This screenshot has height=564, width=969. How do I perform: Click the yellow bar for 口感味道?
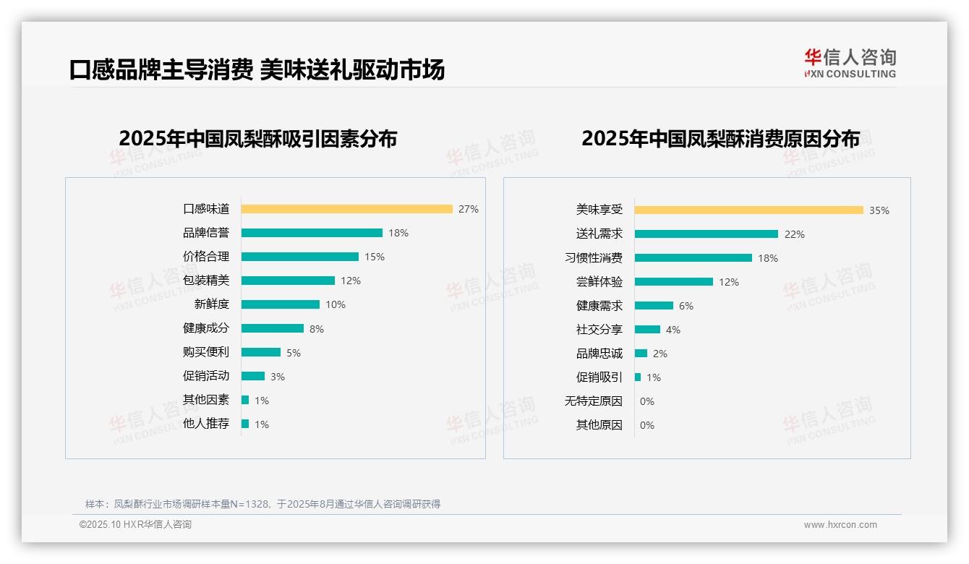tap(346, 209)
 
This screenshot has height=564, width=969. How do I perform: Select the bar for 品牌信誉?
tap(312, 233)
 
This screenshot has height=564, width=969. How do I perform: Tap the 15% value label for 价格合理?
tap(375, 257)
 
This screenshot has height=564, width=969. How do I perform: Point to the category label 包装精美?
tap(205, 281)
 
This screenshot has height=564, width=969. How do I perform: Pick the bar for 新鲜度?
tap(281, 304)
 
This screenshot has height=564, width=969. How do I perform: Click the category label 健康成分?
tap(205, 328)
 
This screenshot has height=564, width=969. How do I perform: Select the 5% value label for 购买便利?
tap(294, 353)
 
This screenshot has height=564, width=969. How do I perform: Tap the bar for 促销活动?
tap(253, 376)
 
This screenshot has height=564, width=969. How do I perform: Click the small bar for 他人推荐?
tap(245, 424)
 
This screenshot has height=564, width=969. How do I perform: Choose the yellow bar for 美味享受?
tap(748, 210)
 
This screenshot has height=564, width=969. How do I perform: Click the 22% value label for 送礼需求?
tap(795, 234)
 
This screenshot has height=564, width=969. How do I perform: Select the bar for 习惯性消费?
tap(693, 257)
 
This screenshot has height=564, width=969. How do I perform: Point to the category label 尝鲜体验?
tap(599, 282)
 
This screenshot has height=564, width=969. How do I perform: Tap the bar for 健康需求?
tap(654, 306)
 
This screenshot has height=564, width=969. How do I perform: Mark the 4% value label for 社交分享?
tap(673, 330)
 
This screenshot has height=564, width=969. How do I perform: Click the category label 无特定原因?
tap(593, 401)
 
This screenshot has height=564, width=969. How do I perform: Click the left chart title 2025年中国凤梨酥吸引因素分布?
tap(258, 139)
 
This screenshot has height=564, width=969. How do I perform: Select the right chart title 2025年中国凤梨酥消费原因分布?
tap(720, 139)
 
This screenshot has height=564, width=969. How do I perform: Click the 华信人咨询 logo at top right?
tap(850, 63)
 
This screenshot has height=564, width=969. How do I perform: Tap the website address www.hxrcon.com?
tap(840, 525)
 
